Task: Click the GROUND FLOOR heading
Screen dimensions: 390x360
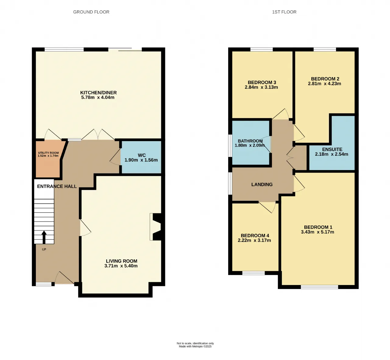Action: point(91,12)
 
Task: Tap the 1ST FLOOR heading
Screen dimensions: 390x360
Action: point(284,12)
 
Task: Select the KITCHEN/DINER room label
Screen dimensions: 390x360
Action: point(98,93)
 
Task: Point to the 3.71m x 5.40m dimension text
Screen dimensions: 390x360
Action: point(121,266)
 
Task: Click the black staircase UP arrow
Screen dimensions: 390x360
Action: point(44,237)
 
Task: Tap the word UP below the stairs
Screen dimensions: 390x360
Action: point(44,249)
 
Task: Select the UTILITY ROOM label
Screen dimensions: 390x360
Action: point(48,153)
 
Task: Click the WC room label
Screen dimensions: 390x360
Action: point(142,155)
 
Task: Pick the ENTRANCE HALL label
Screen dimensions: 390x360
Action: point(57,186)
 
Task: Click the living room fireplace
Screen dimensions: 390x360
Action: point(156,227)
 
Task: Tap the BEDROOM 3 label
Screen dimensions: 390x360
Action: point(262,82)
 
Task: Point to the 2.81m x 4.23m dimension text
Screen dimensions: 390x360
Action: point(324,84)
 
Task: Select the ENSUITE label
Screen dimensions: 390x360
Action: point(332,149)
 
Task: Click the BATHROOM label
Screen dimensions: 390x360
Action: point(250,141)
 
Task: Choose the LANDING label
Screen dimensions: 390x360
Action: point(262,184)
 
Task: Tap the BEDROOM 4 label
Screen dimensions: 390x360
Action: point(255,235)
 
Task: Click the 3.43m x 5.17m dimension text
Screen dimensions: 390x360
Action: point(317,232)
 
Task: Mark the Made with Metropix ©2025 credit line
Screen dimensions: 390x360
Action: point(195,347)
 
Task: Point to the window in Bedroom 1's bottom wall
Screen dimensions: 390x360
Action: point(320,287)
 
